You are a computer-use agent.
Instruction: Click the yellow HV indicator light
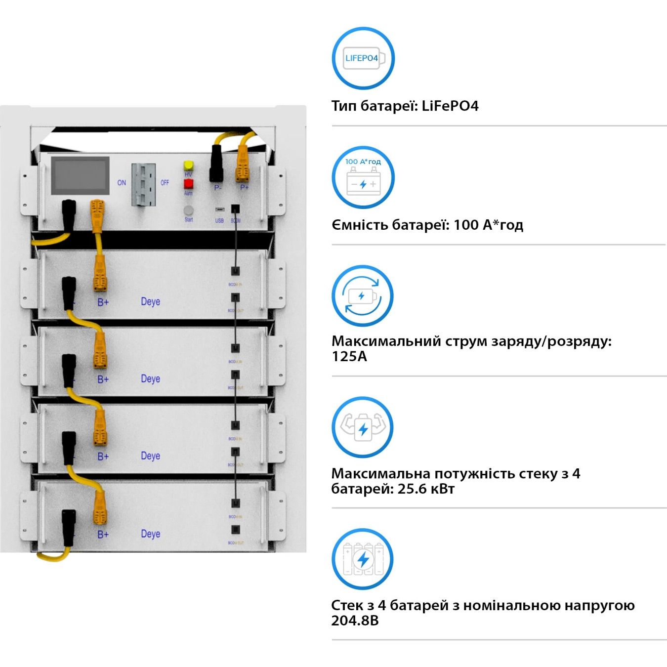[x=188, y=165]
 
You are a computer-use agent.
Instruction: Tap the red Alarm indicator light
[x=188, y=184]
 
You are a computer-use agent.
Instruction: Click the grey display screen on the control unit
[x=81, y=176]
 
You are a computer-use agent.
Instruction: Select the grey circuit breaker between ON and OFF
[x=143, y=184]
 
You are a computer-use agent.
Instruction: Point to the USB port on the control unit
[x=219, y=209]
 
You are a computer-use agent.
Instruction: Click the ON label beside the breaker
[x=122, y=183]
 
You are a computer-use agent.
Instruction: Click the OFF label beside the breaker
[x=165, y=183]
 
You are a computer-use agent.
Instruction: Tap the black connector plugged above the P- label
[x=216, y=163]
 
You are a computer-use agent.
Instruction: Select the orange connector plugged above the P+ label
[x=242, y=163]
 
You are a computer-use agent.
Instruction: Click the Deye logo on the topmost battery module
[x=150, y=301]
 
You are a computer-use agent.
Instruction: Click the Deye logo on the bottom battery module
[x=150, y=534]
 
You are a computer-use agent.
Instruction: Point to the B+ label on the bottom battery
[x=103, y=535]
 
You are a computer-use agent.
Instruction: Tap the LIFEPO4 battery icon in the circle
[x=363, y=58]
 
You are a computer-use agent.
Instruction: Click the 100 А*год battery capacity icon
[x=363, y=177]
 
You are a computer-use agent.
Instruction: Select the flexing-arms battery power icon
[x=363, y=428]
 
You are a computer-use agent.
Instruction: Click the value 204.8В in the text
[x=355, y=621]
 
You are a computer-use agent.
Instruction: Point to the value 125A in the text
[x=349, y=357]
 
